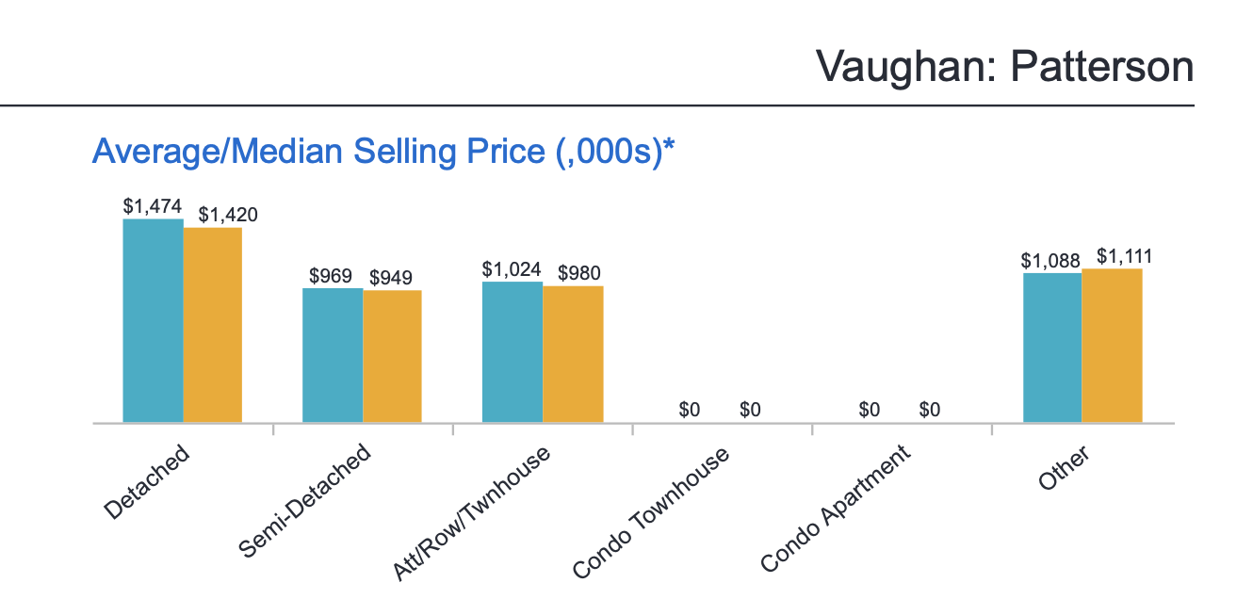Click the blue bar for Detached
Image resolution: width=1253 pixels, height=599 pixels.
click(153, 321)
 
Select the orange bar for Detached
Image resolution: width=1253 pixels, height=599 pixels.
click(213, 325)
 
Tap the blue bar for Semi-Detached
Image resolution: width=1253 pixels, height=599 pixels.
click(333, 355)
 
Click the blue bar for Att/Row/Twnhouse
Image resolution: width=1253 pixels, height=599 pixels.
click(513, 352)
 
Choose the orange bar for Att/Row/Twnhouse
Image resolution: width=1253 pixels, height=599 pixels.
click(573, 354)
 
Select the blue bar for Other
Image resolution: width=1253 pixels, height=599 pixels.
click(1052, 348)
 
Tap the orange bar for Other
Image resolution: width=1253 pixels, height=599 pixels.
click(1112, 346)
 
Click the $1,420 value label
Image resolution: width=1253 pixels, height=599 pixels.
click(228, 215)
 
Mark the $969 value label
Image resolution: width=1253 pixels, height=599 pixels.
click(331, 277)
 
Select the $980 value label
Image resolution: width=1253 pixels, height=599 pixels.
click(579, 274)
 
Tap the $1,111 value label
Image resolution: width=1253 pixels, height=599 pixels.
click(1124, 256)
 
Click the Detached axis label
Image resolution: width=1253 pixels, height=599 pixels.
click(148, 482)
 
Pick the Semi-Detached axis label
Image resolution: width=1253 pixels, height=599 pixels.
click(306, 500)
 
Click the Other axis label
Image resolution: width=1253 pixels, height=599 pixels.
click(1064, 468)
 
